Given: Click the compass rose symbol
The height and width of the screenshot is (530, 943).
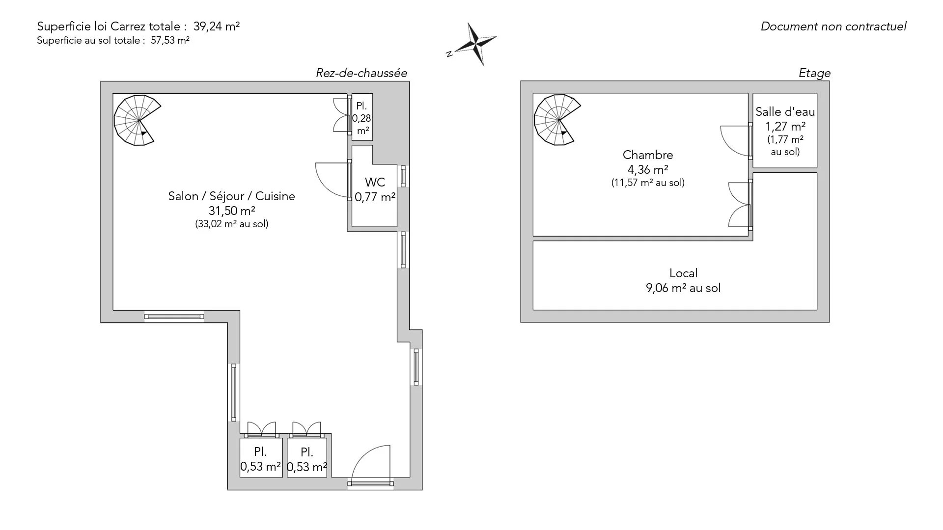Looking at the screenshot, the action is pyautogui.click(x=474, y=44).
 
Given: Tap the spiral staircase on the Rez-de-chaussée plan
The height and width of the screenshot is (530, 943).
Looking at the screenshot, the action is pyautogui.click(x=137, y=120).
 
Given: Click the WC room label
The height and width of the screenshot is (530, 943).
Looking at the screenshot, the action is pyautogui.click(x=375, y=182).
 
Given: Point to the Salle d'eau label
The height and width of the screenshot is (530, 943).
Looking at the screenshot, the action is pyautogui.click(x=785, y=112).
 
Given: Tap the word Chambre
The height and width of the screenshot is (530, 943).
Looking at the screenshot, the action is pyautogui.click(x=648, y=155).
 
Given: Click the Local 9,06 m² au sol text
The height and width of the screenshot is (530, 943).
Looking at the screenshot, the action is pyautogui.click(x=683, y=280).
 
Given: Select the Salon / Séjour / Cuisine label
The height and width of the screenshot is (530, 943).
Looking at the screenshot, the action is pyautogui.click(x=231, y=196).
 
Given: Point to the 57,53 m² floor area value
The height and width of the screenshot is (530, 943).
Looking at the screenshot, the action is pyautogui.click(x=170, y=41).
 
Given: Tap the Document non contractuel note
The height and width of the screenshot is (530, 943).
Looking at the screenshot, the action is pyautogui.click(x=833, y=26).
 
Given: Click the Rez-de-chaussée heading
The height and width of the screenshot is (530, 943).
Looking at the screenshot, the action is pyautogui.click(x=361, y=73).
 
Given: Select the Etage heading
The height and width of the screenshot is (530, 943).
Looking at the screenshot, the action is pyautogui.click(x=814, y=73).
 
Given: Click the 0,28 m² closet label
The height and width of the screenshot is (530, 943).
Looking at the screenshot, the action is pyautogui.click(x=362, y=118).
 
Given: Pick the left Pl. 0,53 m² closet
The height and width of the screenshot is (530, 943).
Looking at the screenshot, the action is pyautogui.click(x=260, y=459).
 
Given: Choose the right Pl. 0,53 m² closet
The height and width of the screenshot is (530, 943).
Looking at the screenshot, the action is pyautogui.click(x=307, y=459).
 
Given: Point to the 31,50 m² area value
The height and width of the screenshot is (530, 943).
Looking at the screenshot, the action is pyautogui.click(x=231, y=211).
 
